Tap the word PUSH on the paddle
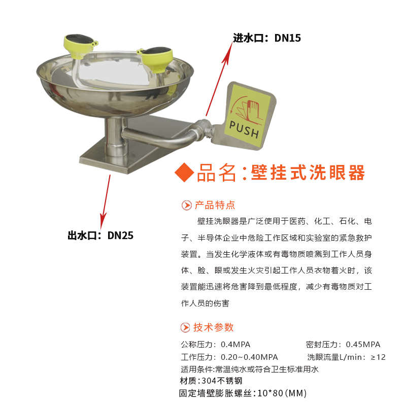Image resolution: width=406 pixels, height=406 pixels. click(244, 129)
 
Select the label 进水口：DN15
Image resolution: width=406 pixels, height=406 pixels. click(267, 38)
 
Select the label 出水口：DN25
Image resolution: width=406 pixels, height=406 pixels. click(100, 235)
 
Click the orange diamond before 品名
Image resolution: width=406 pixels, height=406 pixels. click(184, 173)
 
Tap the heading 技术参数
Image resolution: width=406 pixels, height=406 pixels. click(214, 327)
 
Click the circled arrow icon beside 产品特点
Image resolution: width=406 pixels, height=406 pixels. click(186, 206)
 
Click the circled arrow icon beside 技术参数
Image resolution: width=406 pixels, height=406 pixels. click(186, 327)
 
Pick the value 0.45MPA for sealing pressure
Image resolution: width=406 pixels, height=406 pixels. click(363, 344)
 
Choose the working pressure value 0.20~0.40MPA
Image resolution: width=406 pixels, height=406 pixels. click(249, 357)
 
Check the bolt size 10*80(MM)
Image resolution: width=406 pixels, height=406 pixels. click(282, 393)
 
